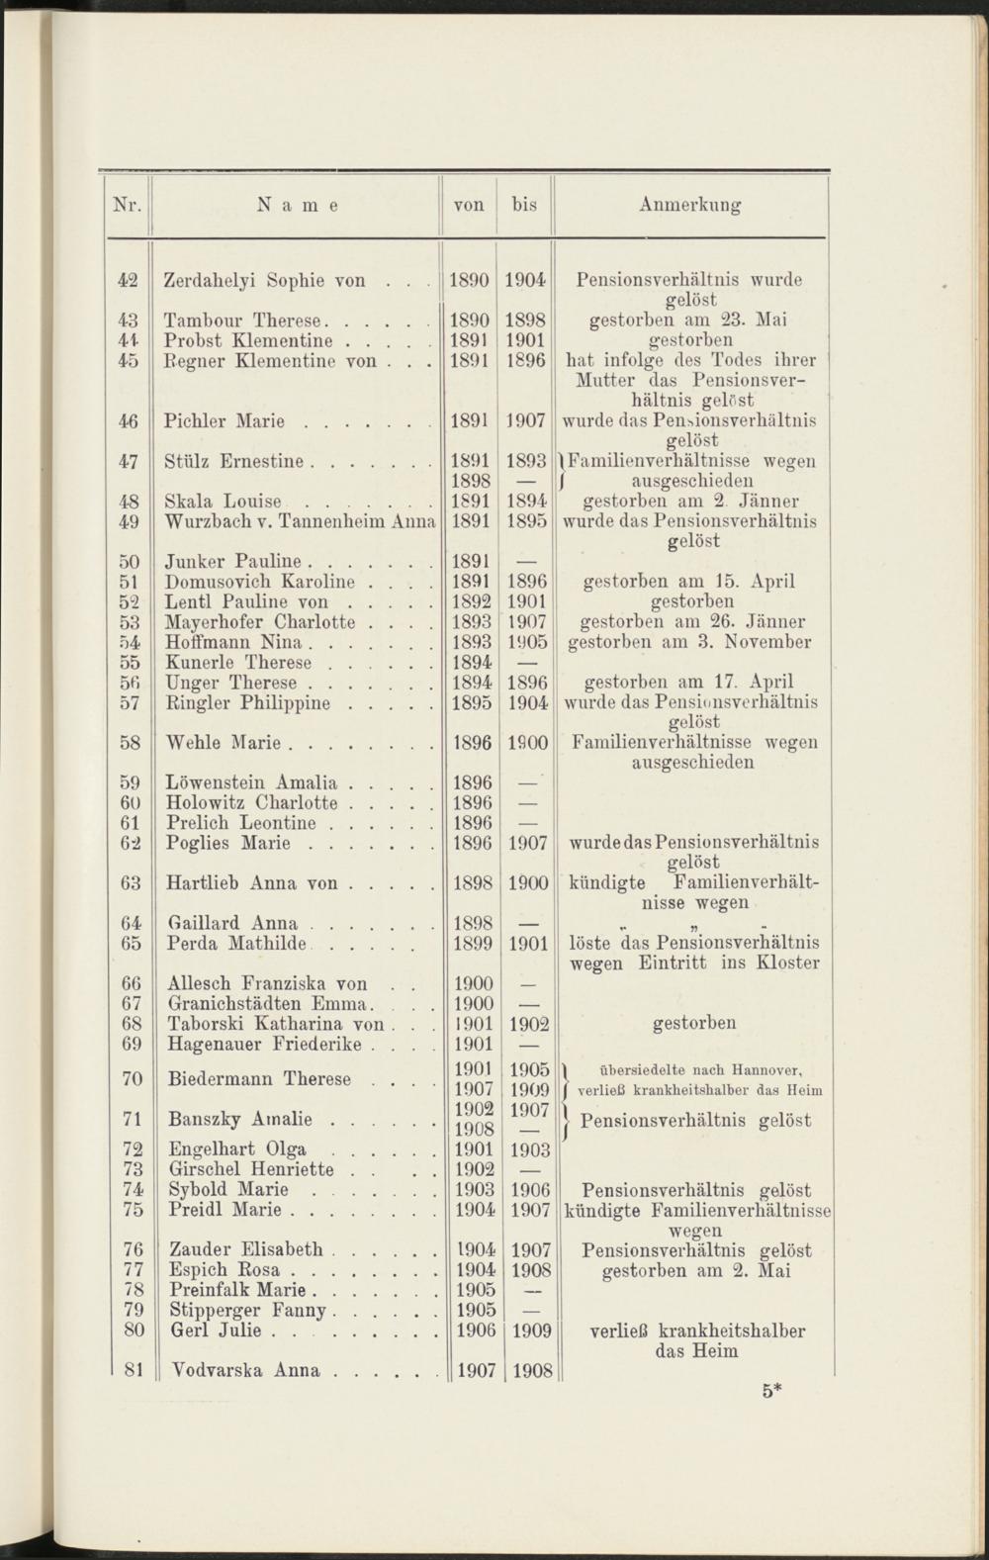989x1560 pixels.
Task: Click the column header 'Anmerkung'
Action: [x=689, y=206]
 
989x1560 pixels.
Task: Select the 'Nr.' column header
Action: [x=129, y=206]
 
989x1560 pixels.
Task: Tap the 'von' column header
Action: [x=469, y=206]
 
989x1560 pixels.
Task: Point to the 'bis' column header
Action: [x=524, y=206]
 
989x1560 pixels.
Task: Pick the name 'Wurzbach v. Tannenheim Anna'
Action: [x=301, y=521]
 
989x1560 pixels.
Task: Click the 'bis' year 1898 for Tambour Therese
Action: [x=525, y=321]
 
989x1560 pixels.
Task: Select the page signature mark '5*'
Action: [x=772, y=1391]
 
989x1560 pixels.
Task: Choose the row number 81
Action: [x=135, y=1371]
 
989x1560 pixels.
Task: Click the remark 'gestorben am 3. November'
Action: [x=690, y=642]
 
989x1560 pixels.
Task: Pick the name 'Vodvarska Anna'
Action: [x=245, y=1371]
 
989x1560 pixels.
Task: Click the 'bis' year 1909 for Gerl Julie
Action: [x=532, y=1331]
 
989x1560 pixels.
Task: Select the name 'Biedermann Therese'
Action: [x=260, y=1078]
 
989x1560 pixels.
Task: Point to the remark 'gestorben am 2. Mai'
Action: [x=696, y=1270]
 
